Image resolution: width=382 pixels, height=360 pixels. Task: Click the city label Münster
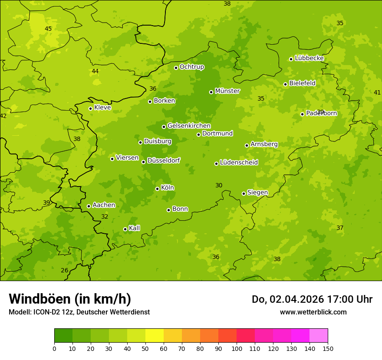click(227, 91)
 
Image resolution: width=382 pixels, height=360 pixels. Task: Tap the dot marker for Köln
click(157, 189)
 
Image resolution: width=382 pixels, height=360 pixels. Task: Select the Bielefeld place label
click(302, 83)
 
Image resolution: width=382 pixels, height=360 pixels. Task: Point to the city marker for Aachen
click(89, 206)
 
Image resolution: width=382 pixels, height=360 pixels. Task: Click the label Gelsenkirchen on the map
click(189, 126)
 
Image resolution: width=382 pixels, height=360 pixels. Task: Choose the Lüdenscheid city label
click(239, 163)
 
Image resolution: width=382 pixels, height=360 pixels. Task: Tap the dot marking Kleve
click(90, 108)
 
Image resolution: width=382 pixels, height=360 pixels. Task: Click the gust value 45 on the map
click(48, 29)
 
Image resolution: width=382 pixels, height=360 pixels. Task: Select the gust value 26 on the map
click(65, 271)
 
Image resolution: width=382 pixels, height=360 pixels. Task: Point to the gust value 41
click(377, 93)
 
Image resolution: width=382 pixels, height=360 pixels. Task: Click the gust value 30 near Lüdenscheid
click(219, 186)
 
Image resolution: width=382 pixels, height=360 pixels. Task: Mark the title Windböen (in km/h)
click(70, 299)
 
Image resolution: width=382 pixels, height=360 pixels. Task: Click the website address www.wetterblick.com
click(313, 312)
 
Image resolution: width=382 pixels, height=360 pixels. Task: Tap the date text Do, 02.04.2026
click(288, 299)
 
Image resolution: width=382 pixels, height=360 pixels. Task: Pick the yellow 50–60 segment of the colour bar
click(155, 336)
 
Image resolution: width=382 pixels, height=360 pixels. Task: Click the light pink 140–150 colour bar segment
click(319, 336)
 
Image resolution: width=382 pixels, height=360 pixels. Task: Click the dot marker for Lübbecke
click(291, 59)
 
